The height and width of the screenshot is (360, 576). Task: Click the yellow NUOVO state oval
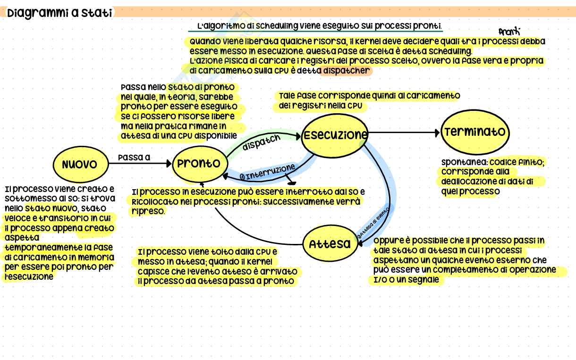pyautogui.click(x=79, y=164)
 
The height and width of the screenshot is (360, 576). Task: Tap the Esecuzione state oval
pyautogui.click(x=335, y=135)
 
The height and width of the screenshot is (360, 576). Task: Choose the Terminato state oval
pyautogui.click(x=475, y=132)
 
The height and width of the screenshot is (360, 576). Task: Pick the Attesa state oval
pyautogui.click(x=330, y=244)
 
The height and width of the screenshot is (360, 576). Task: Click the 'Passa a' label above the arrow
pyautogui.click(x=134, y=158)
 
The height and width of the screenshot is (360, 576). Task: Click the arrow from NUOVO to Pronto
pyautogui.click(x=139, y=164)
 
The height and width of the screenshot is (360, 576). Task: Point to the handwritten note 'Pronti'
pyautogui.click(x=509, y=31)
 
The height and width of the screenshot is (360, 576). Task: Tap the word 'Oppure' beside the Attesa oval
pyautogui.click(x=387, y=240)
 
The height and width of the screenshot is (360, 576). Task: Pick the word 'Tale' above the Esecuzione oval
pyautogui.click(x=287, y=95)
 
